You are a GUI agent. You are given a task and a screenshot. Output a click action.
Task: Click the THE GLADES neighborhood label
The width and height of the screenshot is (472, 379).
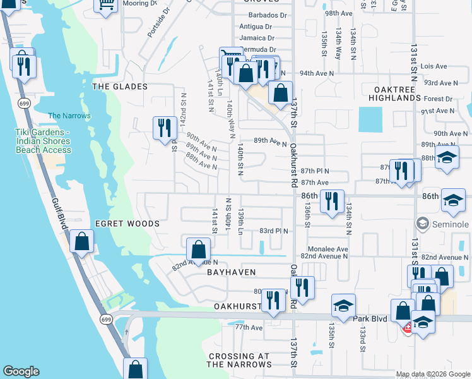click(x=119, y=87)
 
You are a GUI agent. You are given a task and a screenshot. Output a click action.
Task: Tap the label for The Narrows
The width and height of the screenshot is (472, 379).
click(x=69, y=116)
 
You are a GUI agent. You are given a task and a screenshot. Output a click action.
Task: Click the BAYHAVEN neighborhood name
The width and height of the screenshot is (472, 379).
click(x=232, y=272)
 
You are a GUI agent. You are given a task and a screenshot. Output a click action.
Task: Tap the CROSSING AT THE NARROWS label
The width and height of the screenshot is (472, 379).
click(x=240, y=360)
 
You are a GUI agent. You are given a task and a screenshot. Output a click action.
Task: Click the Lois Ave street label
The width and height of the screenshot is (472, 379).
click(x=434, y=66)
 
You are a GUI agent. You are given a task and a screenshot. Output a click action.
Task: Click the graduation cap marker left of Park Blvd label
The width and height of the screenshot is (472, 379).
click(x=343, y=306)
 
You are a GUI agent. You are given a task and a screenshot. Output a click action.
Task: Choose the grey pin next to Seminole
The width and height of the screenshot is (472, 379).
click(x=422, y=224)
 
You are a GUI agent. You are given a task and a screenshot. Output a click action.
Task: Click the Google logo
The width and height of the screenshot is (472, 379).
click(x=21, y=371)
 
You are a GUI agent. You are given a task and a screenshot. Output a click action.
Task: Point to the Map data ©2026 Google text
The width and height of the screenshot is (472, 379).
click(x=433, y=374)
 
